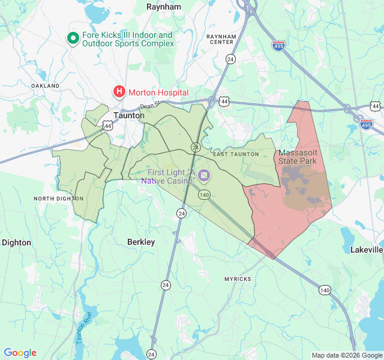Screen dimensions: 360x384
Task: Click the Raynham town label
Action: [x=164, y=7]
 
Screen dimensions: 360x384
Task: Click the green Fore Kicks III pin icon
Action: [x=73, y=39]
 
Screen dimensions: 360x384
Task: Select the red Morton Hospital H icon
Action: [x=119, y=92]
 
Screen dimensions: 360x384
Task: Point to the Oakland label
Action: [x=46, y=86]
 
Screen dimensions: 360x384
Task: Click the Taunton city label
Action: [x=129, y=115]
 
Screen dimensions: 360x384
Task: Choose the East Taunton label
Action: [x=236, y=154]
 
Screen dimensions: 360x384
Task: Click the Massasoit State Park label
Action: [x=298, y=157]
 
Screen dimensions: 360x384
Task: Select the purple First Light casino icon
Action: [x=204, y=175]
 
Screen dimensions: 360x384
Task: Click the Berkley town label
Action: [x=141, y=242]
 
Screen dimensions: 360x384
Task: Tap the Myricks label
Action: [x=238, y=279]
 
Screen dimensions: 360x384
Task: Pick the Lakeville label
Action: [x=367, y=249]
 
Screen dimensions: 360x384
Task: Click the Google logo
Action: [x=20, y=353]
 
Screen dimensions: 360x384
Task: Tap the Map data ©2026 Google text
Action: [x=346, y=355]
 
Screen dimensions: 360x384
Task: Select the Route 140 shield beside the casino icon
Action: [x=204, y=194]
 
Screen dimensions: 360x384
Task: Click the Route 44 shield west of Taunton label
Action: [x=107, y=126]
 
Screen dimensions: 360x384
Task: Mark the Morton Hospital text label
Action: [x=158, y=92]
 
